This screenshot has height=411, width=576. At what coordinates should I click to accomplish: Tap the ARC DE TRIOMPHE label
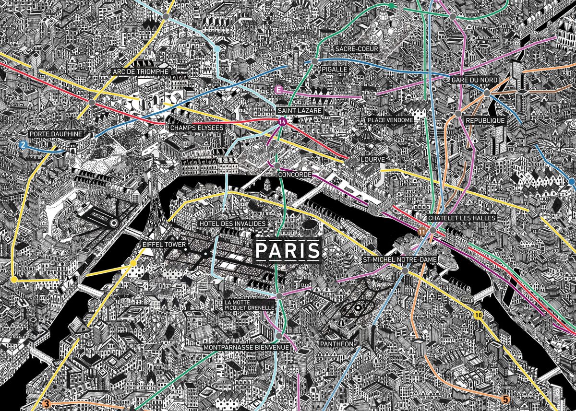[x=140, y=71]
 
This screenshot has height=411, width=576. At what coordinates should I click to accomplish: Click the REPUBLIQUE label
[x=485, y=121]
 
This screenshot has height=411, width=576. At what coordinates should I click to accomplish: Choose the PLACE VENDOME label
[x=390, y=120]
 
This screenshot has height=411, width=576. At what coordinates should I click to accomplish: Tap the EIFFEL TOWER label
[x=164, y=245]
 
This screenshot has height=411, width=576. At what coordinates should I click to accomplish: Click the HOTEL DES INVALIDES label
[x=231, y=224]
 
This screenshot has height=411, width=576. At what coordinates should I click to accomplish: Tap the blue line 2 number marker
[x=22, y=144]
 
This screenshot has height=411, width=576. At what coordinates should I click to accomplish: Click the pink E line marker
[x=277, y=89]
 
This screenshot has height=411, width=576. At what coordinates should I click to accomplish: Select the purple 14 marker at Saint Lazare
[x=282, y=122]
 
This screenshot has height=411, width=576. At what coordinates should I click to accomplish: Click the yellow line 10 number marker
[x=478, y=316]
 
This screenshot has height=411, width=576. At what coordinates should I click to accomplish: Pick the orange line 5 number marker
[x=505, y=399]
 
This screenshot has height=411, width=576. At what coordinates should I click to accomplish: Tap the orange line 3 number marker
[x=47, y=403]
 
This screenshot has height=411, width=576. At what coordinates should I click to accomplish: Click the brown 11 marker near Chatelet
[x=422, y=232]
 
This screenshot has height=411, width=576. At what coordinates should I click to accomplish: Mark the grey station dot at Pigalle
[x=314, y=61]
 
